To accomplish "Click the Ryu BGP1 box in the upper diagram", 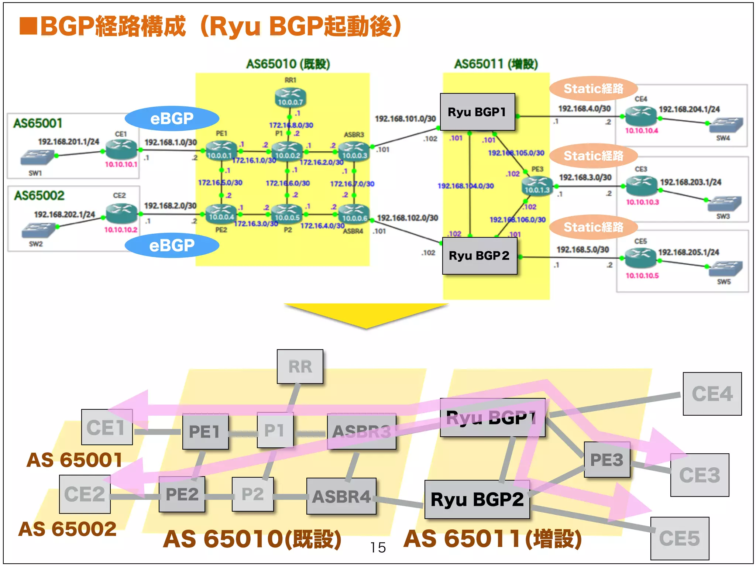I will (477, 112).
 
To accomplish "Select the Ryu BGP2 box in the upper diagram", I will (479, 255).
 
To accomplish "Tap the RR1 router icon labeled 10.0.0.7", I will (291, 97).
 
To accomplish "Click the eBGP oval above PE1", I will (172, 118).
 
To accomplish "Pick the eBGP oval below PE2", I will (172, 245).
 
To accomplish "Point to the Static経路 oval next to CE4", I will (593, 89).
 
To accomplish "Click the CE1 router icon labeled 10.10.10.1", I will (121, 149).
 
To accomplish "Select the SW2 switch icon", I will (38, 230).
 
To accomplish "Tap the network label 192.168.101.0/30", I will (405, 119).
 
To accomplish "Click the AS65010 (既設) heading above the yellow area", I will (288, 64).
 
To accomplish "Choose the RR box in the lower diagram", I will (300, 367).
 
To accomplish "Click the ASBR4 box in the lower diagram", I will (341, 496).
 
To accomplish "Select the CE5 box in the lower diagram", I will (680, 538).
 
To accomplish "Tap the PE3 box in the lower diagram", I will (607, 460).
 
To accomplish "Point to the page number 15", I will (378, 547).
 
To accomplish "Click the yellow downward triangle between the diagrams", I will (366, 314).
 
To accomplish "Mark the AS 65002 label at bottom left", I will (68, 529).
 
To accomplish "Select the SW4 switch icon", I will (725, 126).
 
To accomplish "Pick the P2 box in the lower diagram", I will (253, 494).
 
